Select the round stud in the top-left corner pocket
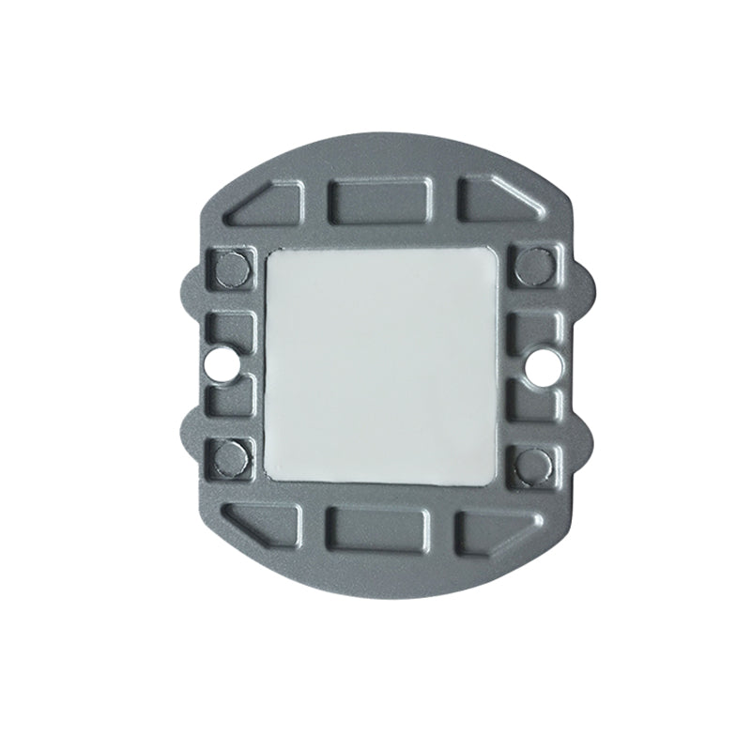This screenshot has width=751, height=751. pyautogui.click(x=228, y=268)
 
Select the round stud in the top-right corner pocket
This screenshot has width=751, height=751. pyautogui.click(x=531, y=266)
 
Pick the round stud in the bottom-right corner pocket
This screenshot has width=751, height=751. pyautogui.click(x=532, y=459)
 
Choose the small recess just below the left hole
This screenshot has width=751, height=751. pyautogui.click(x=228, y=399)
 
